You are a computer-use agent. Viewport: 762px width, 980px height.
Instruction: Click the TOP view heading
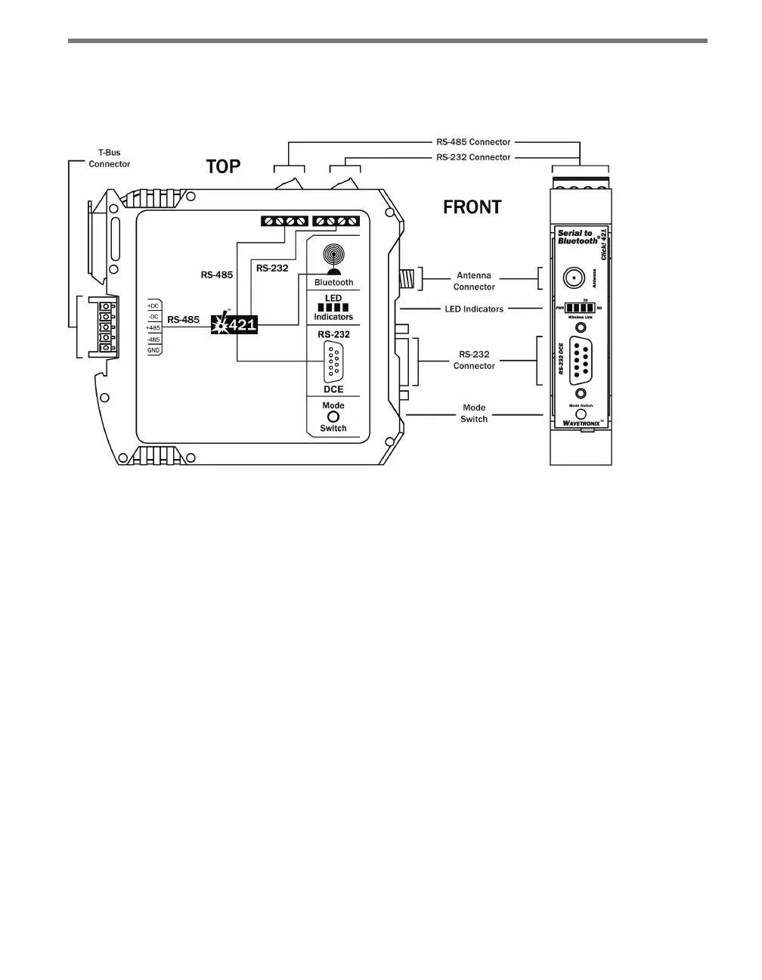(x=223, y=167)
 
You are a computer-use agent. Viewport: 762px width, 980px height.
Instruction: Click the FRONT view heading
(x=472, y=206)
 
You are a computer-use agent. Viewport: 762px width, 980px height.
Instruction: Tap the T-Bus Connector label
(x=110, y=158)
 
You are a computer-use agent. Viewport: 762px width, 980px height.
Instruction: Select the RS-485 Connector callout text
(x=473, y=141)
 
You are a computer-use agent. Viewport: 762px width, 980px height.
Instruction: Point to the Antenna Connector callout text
(x=474, y=281)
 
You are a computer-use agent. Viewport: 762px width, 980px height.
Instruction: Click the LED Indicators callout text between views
(x=474, y=309)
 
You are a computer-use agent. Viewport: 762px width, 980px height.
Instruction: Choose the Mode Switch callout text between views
(x=474, y=413)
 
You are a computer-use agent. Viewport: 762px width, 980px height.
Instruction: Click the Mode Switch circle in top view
(x=333, y=417)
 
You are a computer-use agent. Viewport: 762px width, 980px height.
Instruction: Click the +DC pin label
(x=153, y=305)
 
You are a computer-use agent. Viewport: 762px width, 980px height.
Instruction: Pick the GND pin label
(x=153, y=351)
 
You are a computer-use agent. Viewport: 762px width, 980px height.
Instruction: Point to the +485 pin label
(x=153, y=328)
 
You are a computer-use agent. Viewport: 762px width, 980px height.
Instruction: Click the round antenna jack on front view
(x=576, y=278)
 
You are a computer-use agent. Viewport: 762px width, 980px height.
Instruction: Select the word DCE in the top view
(x=333, y=389)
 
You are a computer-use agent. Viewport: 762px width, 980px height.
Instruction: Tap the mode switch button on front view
(x=581, y=394)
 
